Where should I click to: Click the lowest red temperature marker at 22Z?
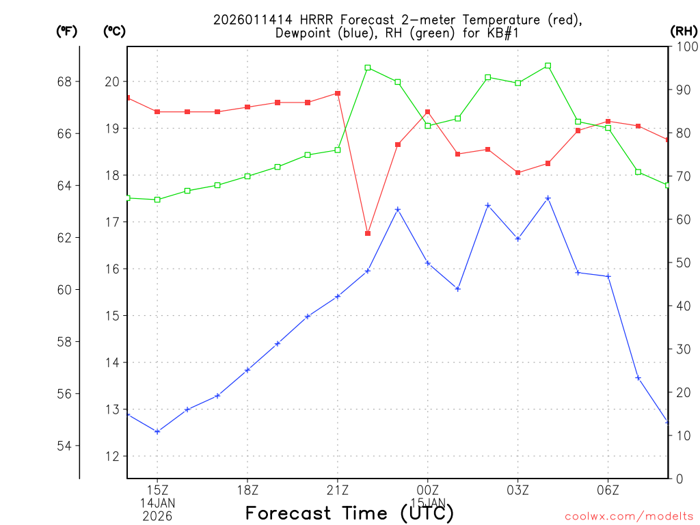368,234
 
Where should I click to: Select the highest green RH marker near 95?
548,66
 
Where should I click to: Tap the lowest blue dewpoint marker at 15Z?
157,431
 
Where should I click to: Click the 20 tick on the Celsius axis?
111,82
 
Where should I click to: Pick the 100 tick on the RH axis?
684,46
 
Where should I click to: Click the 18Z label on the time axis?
247,489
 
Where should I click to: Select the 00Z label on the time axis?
428,489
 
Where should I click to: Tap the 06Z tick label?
608,489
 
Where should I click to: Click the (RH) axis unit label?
684,31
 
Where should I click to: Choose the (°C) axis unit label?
114,31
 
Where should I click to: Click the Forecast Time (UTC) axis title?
349,513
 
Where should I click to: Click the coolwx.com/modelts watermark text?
629,517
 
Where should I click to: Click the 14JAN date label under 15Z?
158,503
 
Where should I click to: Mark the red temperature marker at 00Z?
428,112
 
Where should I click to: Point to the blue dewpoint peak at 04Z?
548,198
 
